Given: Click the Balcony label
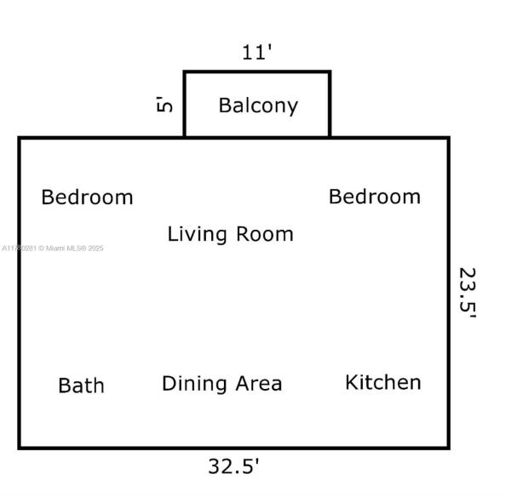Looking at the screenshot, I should coord(258,106).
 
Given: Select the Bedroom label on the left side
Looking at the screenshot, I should coord(87,197).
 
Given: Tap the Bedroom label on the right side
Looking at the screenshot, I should coord(375,197).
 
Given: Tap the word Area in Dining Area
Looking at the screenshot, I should coord(256,384).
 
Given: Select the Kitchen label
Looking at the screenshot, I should coord(382,382).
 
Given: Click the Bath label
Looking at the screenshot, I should coord(81,386).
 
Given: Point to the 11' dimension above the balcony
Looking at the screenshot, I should coord(256,53).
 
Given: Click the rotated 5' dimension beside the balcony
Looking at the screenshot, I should coord(164,105).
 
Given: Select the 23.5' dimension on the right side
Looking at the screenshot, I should coord(467,292).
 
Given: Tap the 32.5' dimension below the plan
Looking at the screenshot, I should coord(233,466).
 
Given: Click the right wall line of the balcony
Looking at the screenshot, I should coord(330,105).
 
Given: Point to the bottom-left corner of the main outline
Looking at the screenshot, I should coord(20,447).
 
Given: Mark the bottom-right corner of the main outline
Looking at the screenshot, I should coord(448,447).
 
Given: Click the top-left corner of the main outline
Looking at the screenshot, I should coord(20,138).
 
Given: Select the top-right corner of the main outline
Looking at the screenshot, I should coord(448,138).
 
